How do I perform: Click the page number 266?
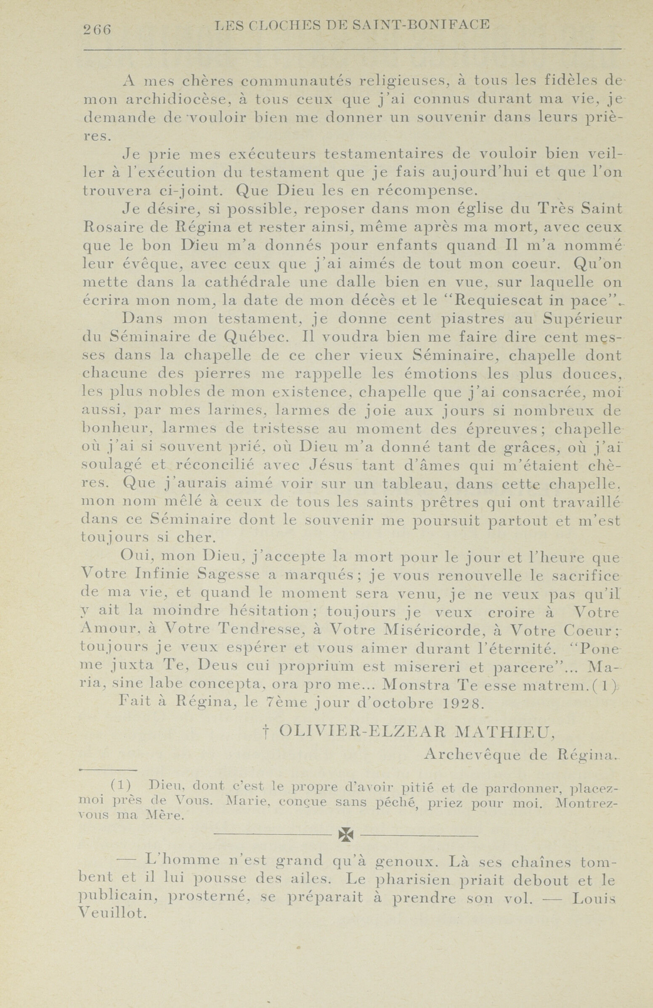pyautogui.click(x=97, y=30)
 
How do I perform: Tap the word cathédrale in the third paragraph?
pyautogui.click(x=241, y=282)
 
